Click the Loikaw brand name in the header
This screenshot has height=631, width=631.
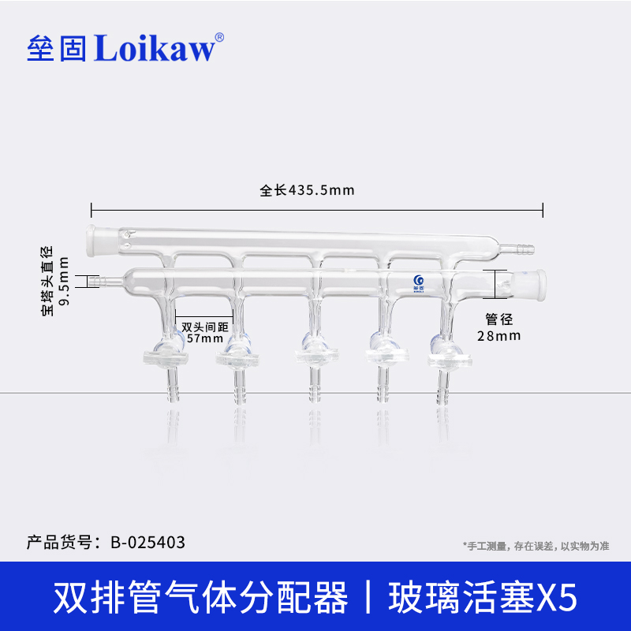(x=155, y=49)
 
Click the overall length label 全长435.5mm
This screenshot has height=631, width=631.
(x=308, y=190)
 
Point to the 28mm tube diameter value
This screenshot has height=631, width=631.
(x=499, y=335)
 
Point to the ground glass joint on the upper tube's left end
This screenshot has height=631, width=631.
(x=99, y=236)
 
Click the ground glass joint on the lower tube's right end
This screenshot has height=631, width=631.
(x=537, y=283)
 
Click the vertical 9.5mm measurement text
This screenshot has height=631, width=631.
(x=65, y=282)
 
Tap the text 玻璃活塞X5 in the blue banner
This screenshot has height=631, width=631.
(x=484, y=598)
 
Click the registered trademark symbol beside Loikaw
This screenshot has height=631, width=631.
(x=219, y=37)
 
